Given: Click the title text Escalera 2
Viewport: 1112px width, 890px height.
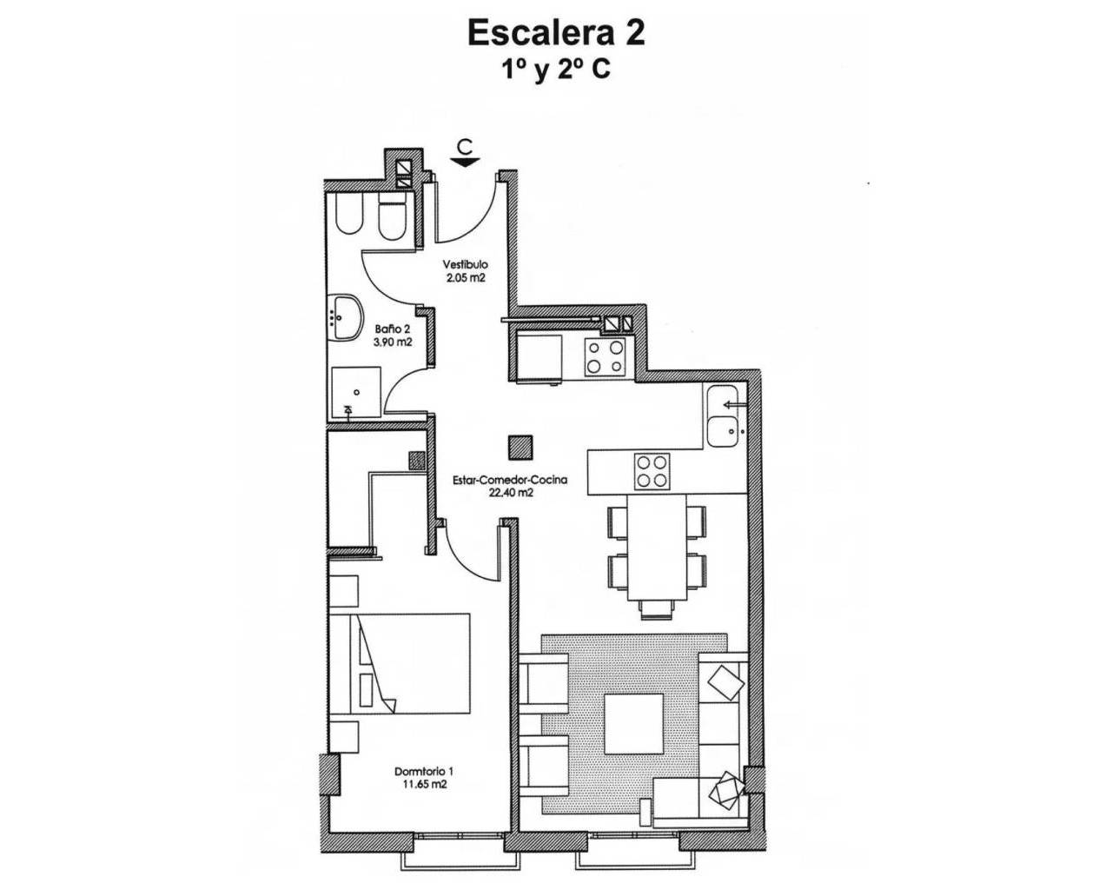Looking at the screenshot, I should (556, 32).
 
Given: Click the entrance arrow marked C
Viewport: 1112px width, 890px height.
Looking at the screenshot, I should (467, 153).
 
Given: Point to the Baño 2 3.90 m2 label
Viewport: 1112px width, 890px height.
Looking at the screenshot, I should (393, 335).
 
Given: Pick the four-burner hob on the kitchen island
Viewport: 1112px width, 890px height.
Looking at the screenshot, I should (652, 471).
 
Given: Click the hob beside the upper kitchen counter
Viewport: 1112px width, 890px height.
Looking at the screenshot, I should (605, 356).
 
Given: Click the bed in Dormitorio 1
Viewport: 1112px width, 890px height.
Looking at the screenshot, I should (400, 662).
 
